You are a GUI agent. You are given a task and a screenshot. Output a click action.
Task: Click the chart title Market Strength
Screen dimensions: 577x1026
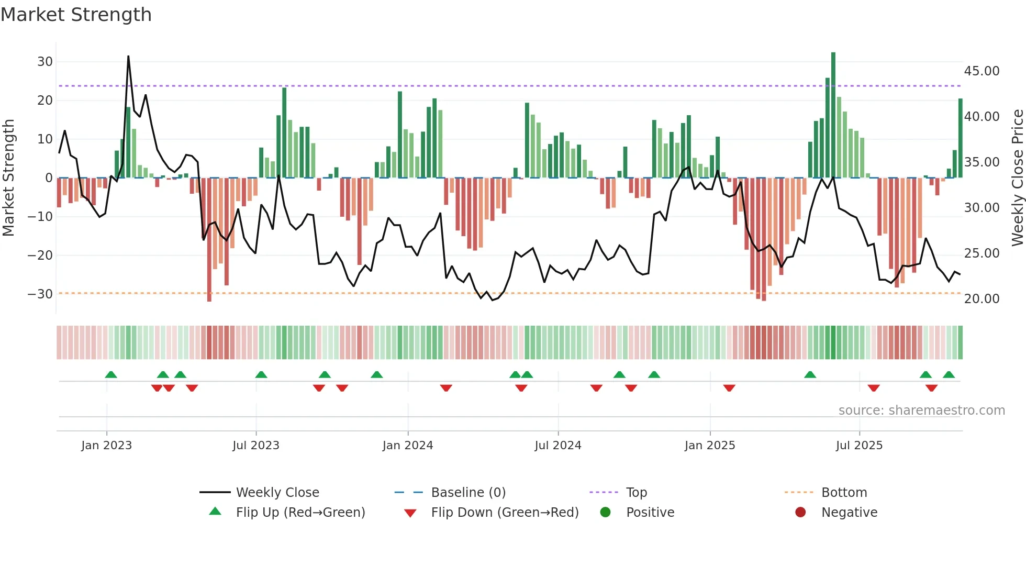tap(76, 15)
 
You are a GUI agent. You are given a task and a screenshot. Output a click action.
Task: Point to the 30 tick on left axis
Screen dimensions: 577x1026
tap(45, 62)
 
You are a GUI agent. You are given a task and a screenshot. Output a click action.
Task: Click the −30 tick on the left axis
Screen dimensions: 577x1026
tap(40, 294)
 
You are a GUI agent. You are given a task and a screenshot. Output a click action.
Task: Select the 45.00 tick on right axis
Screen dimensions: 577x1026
tap(982, 71)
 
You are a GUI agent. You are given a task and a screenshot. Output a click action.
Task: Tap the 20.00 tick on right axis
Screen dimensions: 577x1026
tap(982, 298)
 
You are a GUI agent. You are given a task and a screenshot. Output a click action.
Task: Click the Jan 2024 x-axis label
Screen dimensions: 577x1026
tap(408, 446)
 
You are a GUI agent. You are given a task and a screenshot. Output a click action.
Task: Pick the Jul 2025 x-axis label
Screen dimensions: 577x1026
tap(859, 446)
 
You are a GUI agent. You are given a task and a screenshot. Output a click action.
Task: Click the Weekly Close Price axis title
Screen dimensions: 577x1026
tap(1017, 178)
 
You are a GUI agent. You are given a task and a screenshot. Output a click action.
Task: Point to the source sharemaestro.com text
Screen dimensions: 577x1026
tap(921, 410)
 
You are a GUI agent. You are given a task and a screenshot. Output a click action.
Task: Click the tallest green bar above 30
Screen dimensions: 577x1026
tap(833, 115)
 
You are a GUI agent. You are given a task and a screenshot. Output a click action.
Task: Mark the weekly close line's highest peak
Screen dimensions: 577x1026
tap(128, 57)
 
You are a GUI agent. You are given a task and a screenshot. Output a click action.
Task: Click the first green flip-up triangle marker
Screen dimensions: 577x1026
tap(111, 374)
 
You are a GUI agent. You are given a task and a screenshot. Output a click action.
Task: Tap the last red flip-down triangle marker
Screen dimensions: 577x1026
tap(931, 388)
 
